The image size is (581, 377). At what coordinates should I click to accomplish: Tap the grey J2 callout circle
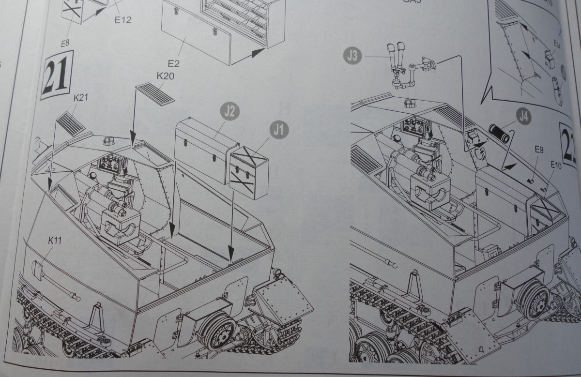230,112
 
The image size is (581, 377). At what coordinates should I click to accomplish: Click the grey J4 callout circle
523,116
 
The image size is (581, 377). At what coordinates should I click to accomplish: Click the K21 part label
80,98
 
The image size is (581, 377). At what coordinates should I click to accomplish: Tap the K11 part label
55,240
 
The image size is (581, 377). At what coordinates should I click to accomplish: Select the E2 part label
173,63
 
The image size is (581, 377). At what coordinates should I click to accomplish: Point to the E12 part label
123,20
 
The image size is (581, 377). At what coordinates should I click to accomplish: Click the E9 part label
539,150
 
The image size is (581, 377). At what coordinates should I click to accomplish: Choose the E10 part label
556,165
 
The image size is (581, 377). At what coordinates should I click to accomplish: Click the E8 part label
65,44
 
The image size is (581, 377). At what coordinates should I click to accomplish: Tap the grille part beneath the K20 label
155,93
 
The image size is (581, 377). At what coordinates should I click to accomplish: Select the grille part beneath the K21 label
71,124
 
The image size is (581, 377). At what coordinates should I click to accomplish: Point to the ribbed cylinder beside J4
499,133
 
